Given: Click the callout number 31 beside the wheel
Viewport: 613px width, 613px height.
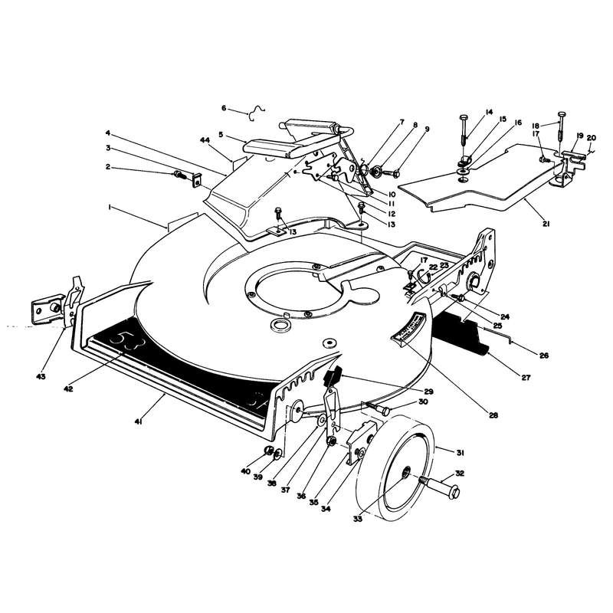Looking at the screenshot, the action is click(460, 453).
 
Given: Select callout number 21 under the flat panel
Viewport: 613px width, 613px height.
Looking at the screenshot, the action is click(546, 224).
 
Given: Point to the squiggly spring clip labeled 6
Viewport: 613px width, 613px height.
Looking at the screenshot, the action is click(257, 112).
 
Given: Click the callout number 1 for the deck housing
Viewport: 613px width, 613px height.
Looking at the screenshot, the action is click(110, 208).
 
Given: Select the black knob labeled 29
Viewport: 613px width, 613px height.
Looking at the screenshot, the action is click(333, 375).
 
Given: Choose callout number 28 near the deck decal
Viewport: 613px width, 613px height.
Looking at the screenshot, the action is click(493, 415).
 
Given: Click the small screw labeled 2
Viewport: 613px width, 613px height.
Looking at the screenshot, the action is click(181, 174).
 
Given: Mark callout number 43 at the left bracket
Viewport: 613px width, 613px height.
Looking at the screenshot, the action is click(41, 376).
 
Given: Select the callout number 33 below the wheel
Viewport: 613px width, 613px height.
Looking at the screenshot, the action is click(358, 520).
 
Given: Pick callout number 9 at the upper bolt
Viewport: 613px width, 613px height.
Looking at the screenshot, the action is click(427, 129).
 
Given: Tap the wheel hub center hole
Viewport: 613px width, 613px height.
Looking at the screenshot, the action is click(407, 471).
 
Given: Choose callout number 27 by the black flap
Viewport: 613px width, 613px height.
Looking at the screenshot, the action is click(526, 377).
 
